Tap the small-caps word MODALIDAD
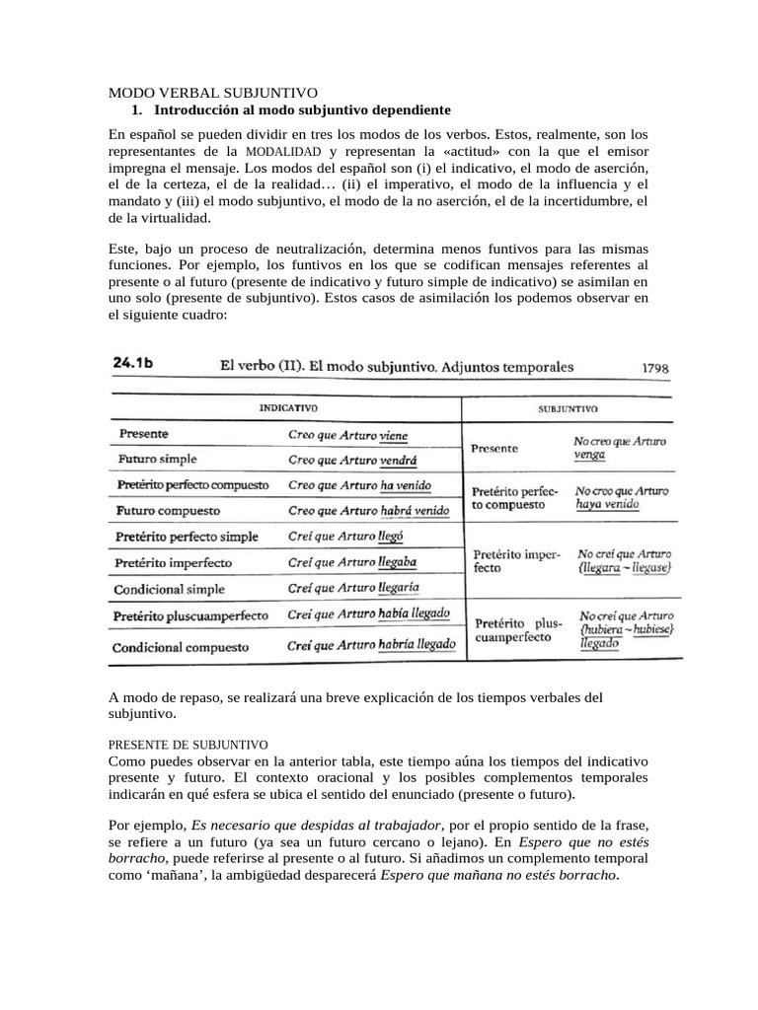[283, 152]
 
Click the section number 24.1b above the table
[138, 365]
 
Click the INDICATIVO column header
[288, 406]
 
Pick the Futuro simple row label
[158, 459]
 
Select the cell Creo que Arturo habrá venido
[368, 511]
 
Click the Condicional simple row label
[172, 589]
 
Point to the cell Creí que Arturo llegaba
[352, 562]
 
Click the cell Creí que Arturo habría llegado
[371, 645]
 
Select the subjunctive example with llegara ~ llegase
[626, 569]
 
